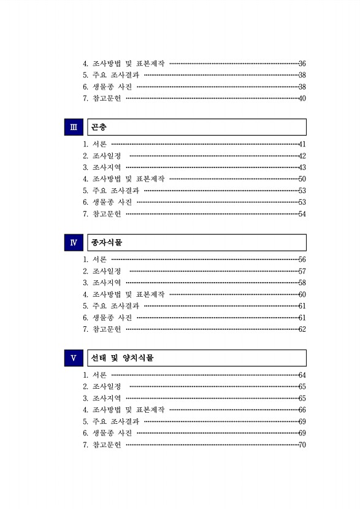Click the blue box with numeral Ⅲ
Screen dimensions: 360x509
(74, 127)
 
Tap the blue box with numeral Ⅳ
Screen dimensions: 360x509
(74, 242)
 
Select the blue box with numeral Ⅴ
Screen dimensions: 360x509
(74, 358)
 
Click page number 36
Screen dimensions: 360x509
(302, 63)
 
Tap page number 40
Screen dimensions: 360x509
(302, 98)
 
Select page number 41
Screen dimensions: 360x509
(302, 144)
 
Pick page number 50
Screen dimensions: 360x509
(302, 179)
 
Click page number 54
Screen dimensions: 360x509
(302, 214)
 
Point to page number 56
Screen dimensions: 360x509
(302, 259)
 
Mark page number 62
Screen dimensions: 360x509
(302, 329)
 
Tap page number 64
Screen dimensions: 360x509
(302, 375)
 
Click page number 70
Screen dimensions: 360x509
(302, 445)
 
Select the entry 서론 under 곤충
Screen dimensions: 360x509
(99, 144)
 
